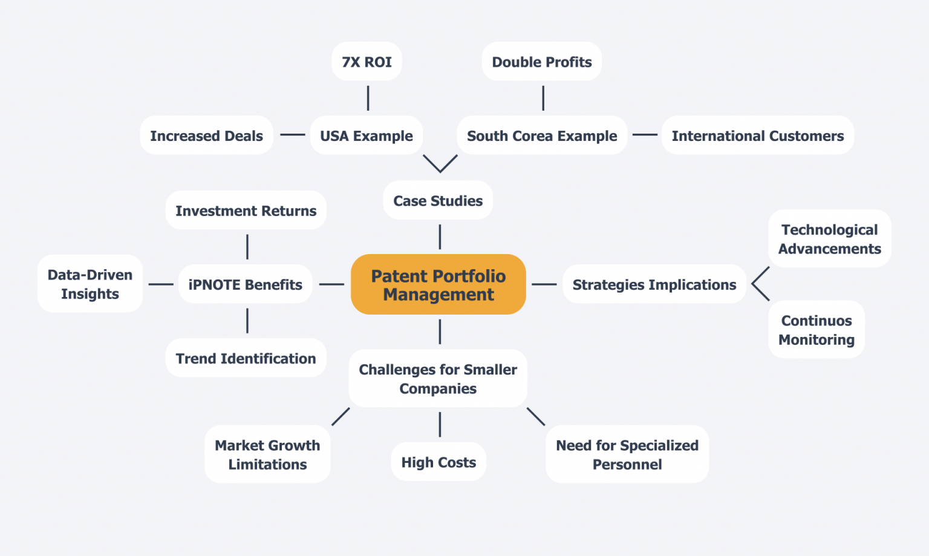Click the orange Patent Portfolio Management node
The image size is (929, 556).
438,284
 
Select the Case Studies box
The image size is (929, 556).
438,200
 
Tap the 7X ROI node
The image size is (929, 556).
367,62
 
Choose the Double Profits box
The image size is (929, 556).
541,62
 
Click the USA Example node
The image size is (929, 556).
366,136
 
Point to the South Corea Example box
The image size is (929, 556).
541,136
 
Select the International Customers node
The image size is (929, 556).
757,136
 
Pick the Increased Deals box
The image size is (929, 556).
206,136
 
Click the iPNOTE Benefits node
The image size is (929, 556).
245,284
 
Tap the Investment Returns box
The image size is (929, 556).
246,211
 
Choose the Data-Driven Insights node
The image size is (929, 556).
90,284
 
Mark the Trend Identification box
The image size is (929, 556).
246,358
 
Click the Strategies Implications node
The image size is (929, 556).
654,284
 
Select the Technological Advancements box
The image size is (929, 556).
829,239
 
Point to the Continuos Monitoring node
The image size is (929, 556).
816,330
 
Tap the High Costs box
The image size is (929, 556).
438,462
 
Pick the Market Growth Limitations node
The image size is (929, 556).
267,454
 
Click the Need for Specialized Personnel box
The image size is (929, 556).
627,454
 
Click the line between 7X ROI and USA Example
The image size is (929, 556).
368,98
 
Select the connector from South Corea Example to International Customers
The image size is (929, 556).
645,135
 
